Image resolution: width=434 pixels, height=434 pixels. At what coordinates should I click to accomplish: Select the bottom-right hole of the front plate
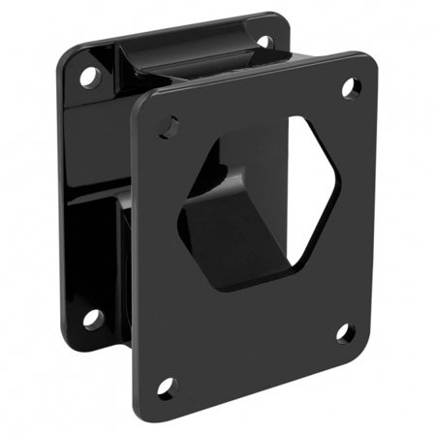tap(345, 332)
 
